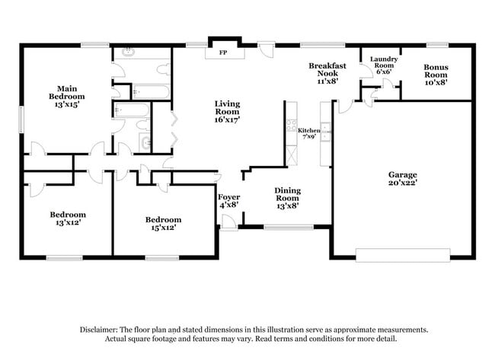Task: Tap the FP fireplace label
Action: [x=223, y=53]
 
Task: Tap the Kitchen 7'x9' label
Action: [x=308, y=133]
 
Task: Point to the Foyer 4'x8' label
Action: [x=229, y=201]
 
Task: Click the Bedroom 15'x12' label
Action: [x=163, y=224]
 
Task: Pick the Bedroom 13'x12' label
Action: [x=68, y=218]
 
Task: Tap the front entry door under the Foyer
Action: [x=227, y=222]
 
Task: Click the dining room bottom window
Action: [x=288, y=227]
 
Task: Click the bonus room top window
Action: [x=436, y=44]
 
